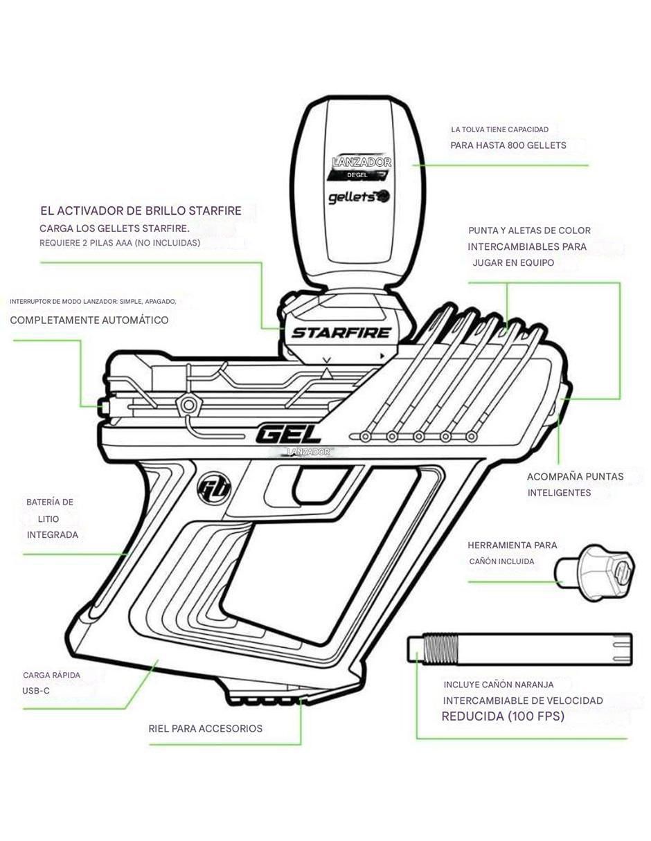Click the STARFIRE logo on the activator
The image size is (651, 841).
341,333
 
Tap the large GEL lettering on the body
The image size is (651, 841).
288,435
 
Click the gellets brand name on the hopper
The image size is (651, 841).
359,197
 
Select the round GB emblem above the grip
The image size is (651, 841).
213,488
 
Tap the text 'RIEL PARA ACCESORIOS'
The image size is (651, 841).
206,728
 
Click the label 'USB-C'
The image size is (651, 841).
36,690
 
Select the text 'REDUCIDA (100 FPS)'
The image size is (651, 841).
503,716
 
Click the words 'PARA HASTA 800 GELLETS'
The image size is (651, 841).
508,145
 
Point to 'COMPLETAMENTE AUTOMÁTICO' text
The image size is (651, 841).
89,320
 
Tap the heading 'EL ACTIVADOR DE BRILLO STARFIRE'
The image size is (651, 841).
141,211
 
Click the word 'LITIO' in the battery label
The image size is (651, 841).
48,519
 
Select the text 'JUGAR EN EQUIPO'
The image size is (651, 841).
513,263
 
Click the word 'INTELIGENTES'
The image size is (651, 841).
560,493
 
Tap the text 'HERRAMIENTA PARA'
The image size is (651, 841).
512,545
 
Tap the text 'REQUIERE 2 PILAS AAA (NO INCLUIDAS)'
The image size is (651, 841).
120,243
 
